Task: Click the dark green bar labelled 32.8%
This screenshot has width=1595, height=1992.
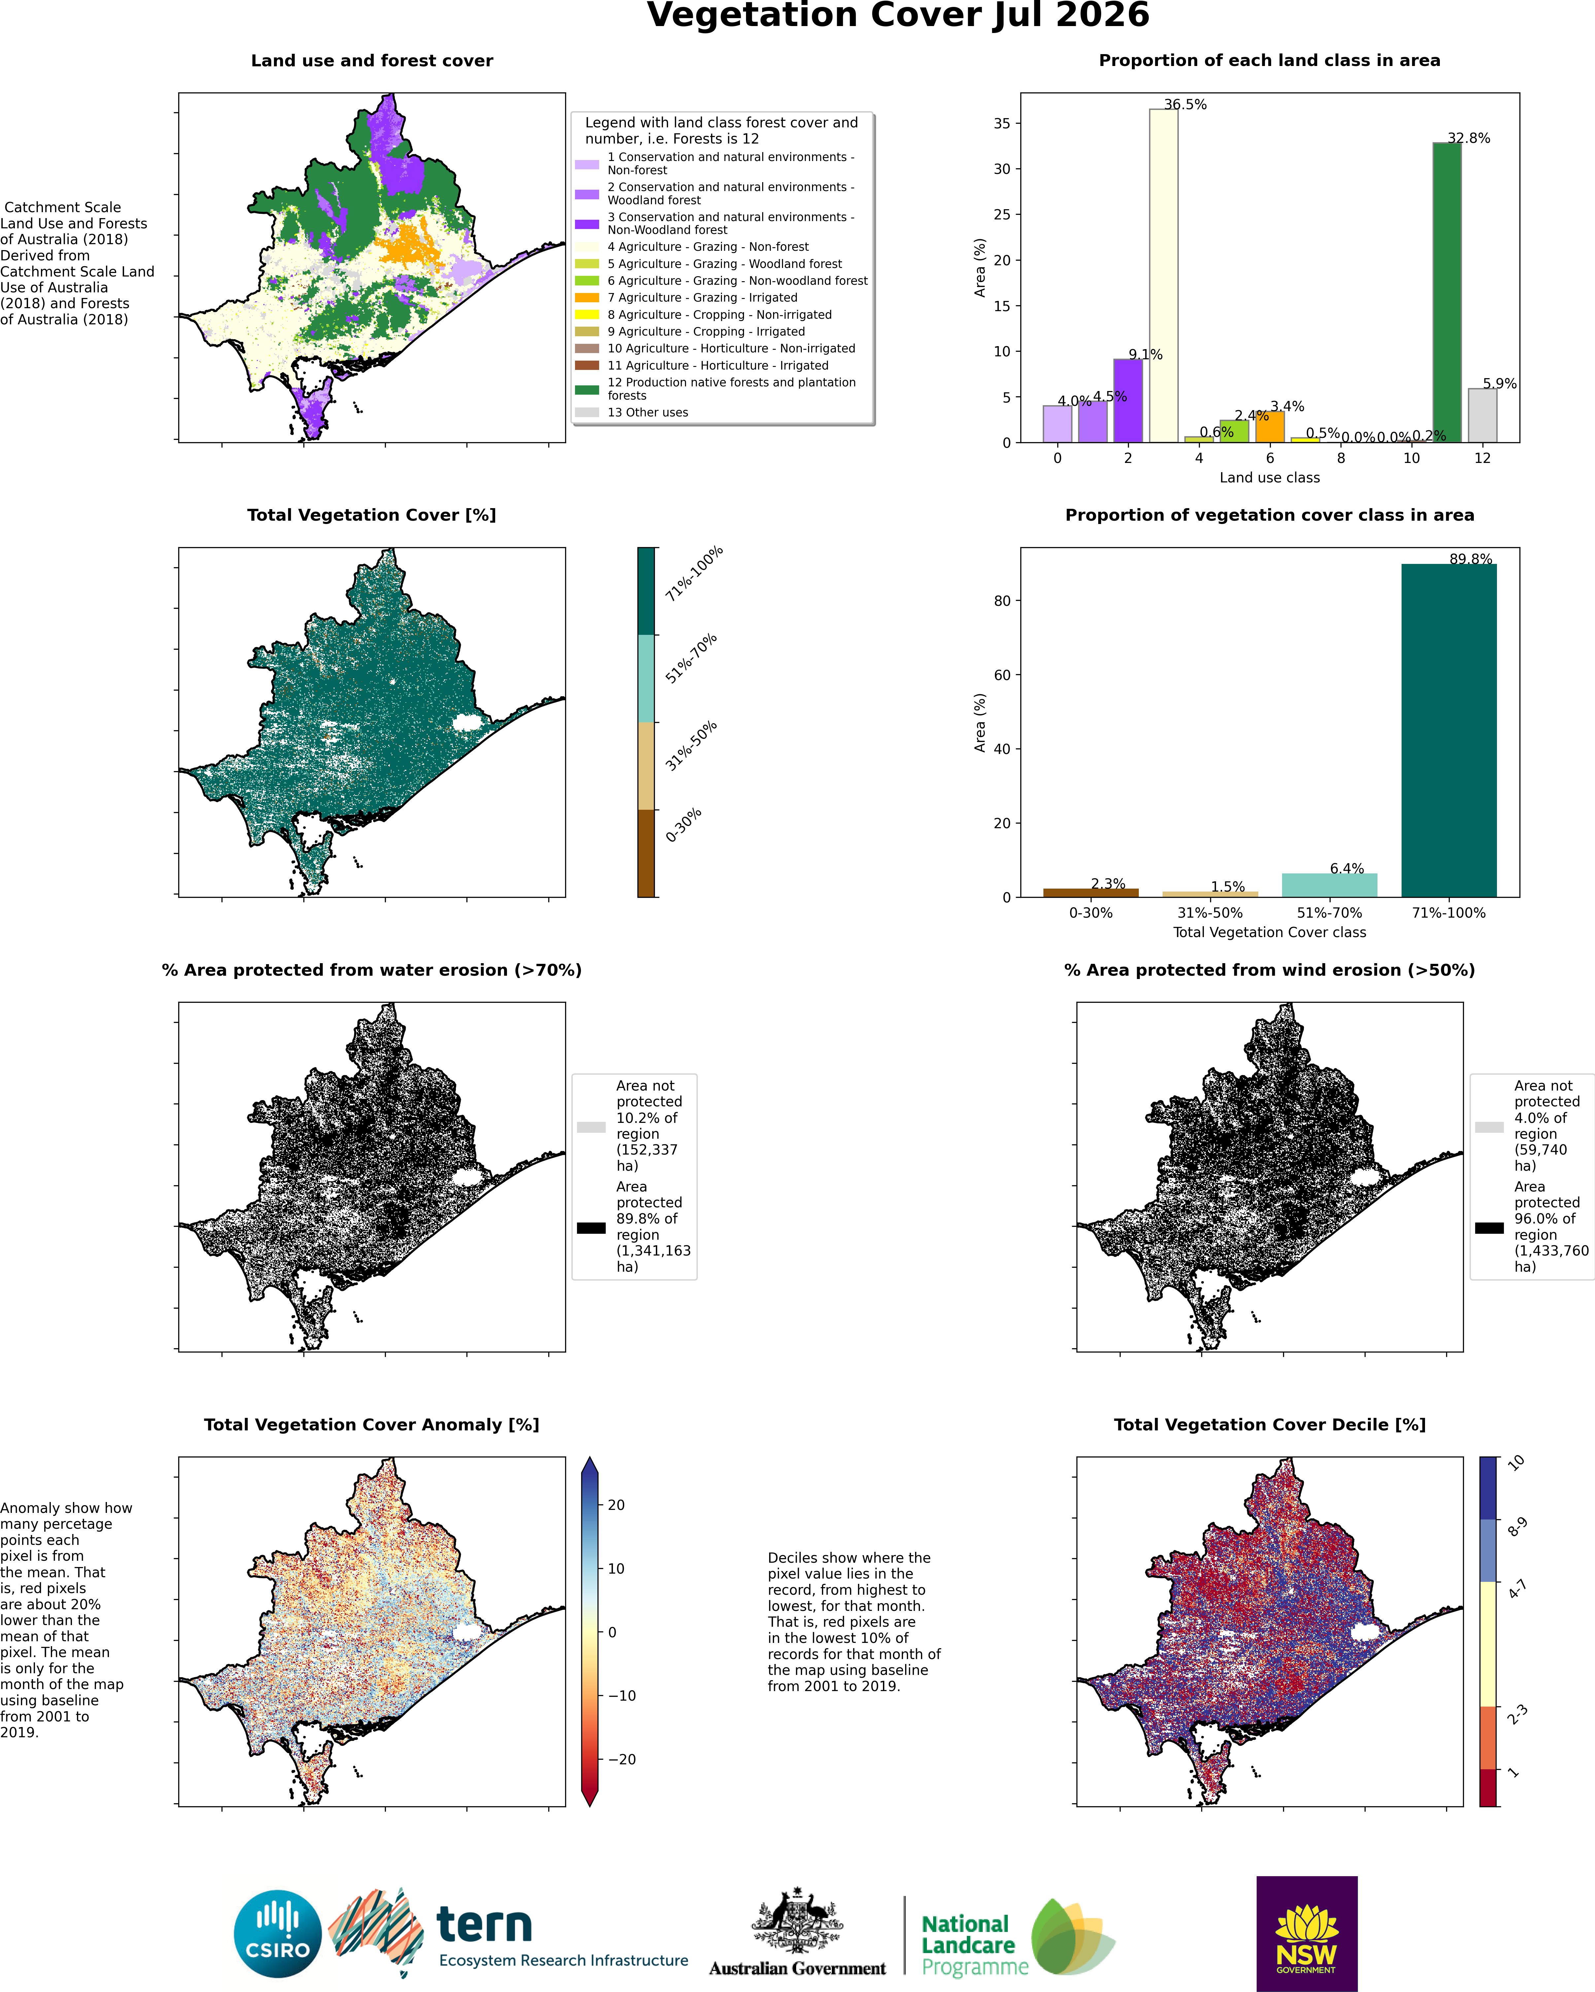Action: tap(1447, 293)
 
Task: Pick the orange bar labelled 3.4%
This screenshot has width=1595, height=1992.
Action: tap(1270, 427)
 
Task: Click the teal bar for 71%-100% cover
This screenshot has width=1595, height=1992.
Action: tap(1449, 731)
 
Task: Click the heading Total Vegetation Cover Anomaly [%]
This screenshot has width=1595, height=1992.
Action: tap(371, 1425)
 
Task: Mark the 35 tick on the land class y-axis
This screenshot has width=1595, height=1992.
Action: tap(1002, 124)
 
